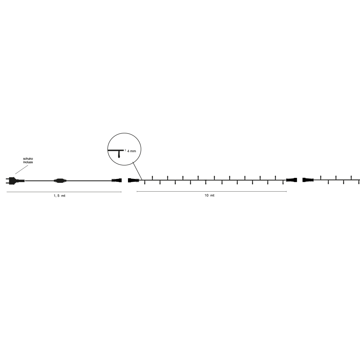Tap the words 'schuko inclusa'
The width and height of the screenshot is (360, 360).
28,160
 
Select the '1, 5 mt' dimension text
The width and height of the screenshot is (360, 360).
59,195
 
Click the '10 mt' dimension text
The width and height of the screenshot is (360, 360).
210,195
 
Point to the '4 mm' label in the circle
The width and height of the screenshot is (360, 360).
131,151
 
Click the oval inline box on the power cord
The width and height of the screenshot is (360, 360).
60,181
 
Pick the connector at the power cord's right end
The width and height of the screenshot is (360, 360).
117,180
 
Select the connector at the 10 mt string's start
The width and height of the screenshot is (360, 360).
133,180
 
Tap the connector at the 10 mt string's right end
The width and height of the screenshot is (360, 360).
291,180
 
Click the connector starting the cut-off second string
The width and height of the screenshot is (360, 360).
308,180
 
